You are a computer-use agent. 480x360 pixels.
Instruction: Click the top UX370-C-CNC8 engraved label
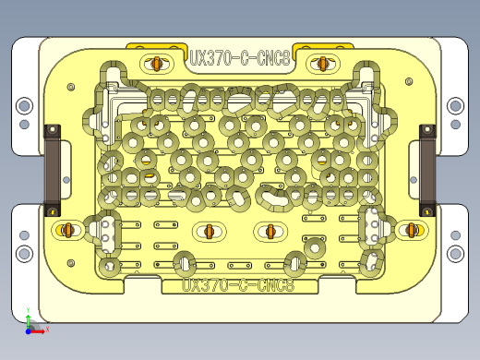tap(240, 58)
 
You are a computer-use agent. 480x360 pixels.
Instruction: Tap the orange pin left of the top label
tap(158, 64)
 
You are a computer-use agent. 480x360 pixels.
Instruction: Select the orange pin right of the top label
tap(322, 64)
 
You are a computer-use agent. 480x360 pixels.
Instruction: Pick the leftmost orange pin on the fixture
tap(67, 228)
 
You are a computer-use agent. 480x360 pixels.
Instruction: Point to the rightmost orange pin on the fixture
tap(412, 228)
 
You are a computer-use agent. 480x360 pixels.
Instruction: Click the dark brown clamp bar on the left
tap(53, 170)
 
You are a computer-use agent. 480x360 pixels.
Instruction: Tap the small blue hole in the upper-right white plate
tap(454, 123)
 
